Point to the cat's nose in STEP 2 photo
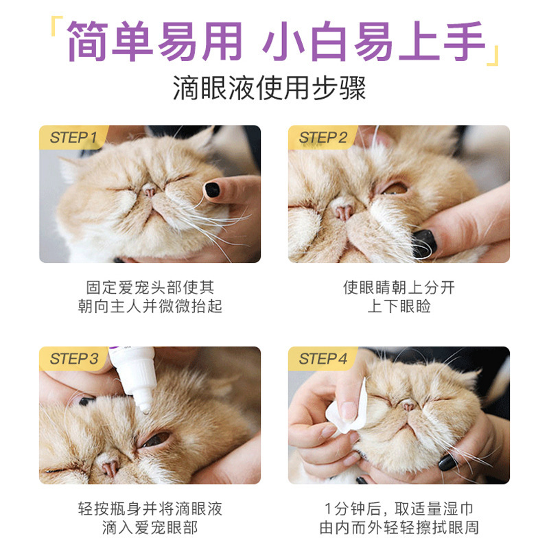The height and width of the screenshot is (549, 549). coord(341,209)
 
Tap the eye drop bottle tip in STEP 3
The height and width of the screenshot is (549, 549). coord(145,408)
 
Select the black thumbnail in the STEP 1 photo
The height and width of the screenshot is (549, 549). coord(213,189)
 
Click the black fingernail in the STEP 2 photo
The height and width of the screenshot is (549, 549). coord(423,242)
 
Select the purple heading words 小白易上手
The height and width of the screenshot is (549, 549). coord(374,41)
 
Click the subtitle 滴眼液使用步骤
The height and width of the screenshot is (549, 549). coord(269,89)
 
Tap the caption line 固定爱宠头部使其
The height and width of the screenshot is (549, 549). coord(150,287)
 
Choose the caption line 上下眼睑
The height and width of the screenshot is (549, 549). coord(399,306)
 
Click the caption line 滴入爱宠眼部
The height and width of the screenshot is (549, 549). coord(150,528)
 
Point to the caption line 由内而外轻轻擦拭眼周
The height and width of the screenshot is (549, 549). coord(399,528)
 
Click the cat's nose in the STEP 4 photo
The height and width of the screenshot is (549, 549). coord(410,406)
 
